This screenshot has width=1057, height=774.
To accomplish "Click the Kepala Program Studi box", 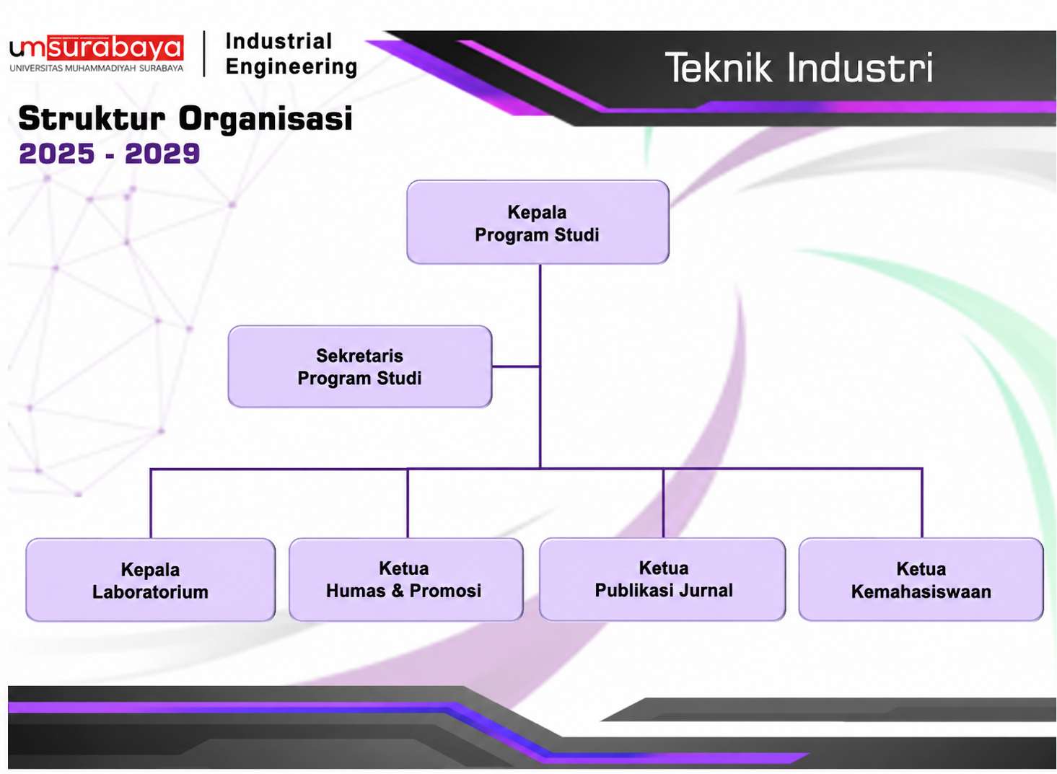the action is (538, 222).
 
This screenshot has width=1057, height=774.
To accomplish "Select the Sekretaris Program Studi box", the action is (360, 366).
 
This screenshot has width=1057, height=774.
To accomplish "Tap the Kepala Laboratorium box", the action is (151, 580).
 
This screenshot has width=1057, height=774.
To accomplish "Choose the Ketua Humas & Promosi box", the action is (406, 580).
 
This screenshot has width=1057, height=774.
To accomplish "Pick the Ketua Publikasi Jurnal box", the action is (662, 579).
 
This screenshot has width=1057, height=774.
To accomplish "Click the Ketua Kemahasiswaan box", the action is (921, 580).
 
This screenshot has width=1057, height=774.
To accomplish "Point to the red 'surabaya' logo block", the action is (116, 48).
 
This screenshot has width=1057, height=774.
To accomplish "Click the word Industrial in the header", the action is (279, 42).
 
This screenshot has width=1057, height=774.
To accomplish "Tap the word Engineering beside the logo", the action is (291, 66).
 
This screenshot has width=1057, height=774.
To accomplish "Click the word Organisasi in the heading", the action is (266, 119).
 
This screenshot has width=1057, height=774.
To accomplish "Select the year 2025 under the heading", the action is (57, 154).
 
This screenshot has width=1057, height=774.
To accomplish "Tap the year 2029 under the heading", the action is (162, 154).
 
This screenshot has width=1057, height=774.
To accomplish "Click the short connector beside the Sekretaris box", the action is (516, 366).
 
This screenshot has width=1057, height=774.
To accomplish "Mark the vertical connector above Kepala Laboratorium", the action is (151, 503).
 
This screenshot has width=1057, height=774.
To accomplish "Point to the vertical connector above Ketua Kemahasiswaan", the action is (922, 503).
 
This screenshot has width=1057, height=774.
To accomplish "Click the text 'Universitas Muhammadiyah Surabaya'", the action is (97, 68).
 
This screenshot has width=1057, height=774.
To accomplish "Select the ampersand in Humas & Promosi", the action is (398, 591).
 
